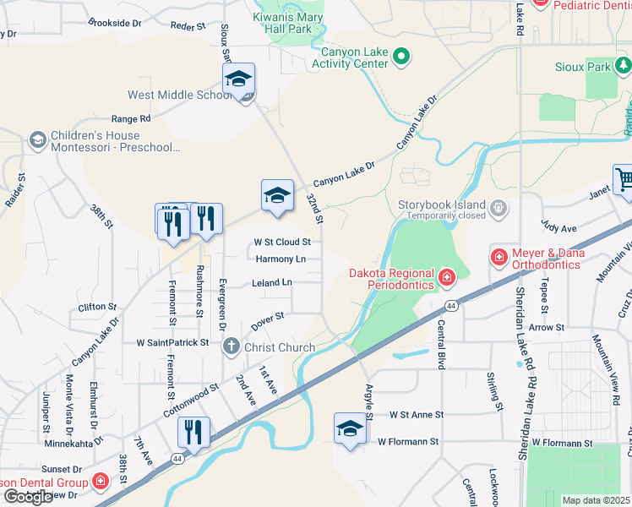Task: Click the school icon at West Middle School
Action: (239, 80)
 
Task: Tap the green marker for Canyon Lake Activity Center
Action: (402, 58)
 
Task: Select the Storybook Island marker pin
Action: (499, 206)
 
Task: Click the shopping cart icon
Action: (624, 180)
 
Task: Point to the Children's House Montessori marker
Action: (37, 139)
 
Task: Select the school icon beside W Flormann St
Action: (349, 428)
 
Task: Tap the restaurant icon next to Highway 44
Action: (194, 433)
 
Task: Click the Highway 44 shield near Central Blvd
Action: (452, 305)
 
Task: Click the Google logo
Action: (28, 497)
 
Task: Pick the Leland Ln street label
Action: (272, 283)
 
